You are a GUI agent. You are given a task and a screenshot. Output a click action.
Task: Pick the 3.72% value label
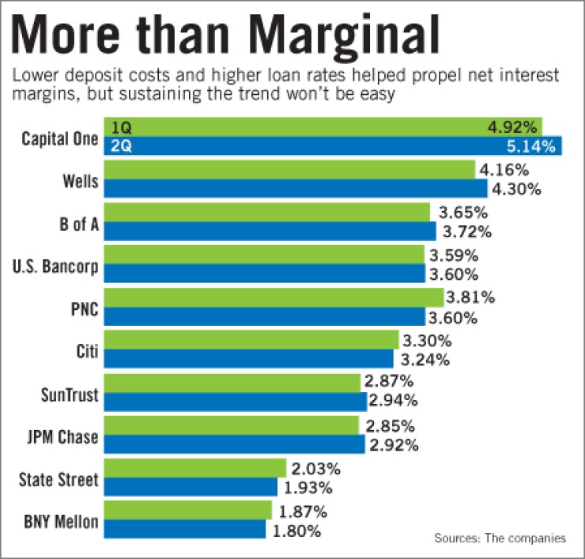tap(466, 232)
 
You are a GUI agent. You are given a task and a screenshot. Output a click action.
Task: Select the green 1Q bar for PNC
tap(273, 297)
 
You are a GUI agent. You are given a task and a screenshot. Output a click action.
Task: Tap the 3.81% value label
tap(473, 297)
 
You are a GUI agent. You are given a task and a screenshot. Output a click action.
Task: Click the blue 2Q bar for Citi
tap(248, 359)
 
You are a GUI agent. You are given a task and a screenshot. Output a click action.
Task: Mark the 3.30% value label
tap(428, 341)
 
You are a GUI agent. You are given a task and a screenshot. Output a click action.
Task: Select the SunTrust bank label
tap(69, 393)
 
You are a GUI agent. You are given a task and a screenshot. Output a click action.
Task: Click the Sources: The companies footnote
tap(500, 538)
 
